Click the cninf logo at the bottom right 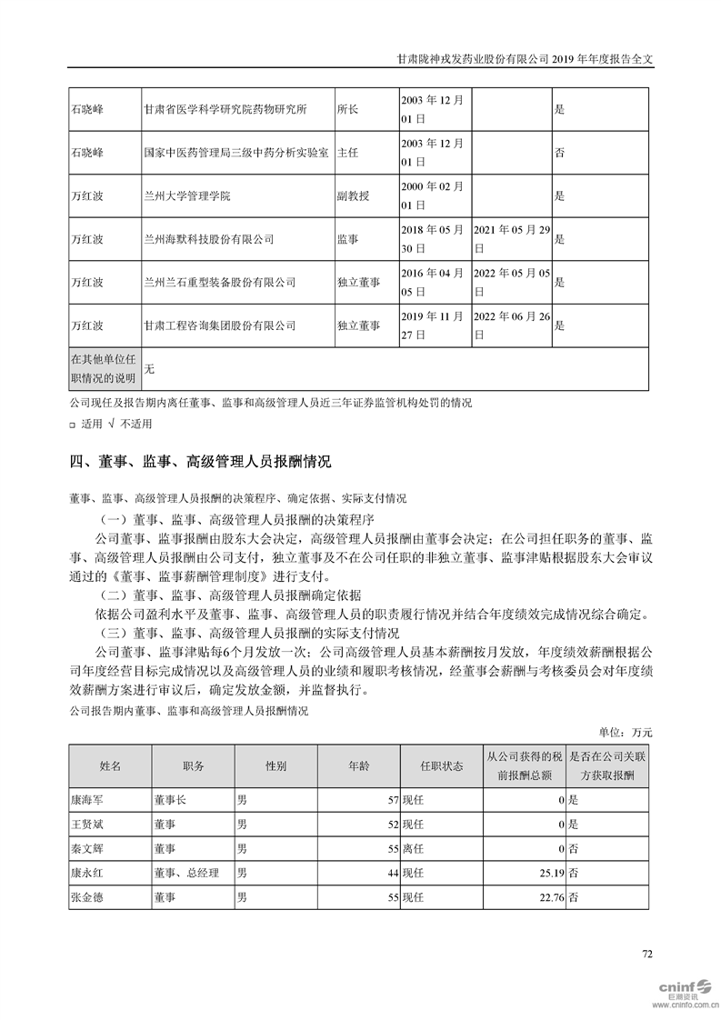[685, 988]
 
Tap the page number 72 [647, 954]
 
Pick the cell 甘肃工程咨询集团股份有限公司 [220, 325]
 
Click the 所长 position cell [348, 110]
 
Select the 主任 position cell [348, 153]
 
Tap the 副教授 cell [353, 195]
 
